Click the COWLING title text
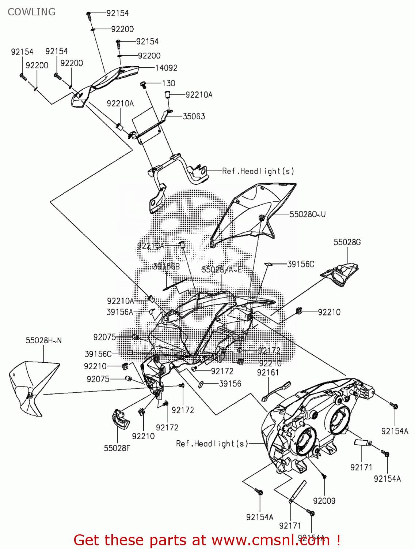pyautogui.click(x=31, y=12)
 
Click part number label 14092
pyautogui.click(x=166, y=68)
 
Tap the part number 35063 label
pyautogui.click(x=194, y=116)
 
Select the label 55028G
pyautogui.click(x=347, y=242)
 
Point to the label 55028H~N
pyautogui.click(x=43, y=340)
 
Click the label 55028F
pyautogui.click(x=117, y=448)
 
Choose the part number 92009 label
pyautogui.click(x=324, y=501)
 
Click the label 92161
pyautogui.click(x=268, y=373)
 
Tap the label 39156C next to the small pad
pyautogui.click(x=300, y=264)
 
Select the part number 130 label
pyautogui.click(x=168, y=83)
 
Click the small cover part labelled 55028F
pyautogui.click(x=120, y=419)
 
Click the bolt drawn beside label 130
pyautogui.click(x=143, y=85)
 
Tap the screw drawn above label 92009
pyautogui.click(x=324, y=476)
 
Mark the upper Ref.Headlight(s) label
pyautogui.click(x=258, y=171)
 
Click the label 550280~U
pyautogui.click(x=307, y=214)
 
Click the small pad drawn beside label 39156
pyautogui.click(x=200, y=384)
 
